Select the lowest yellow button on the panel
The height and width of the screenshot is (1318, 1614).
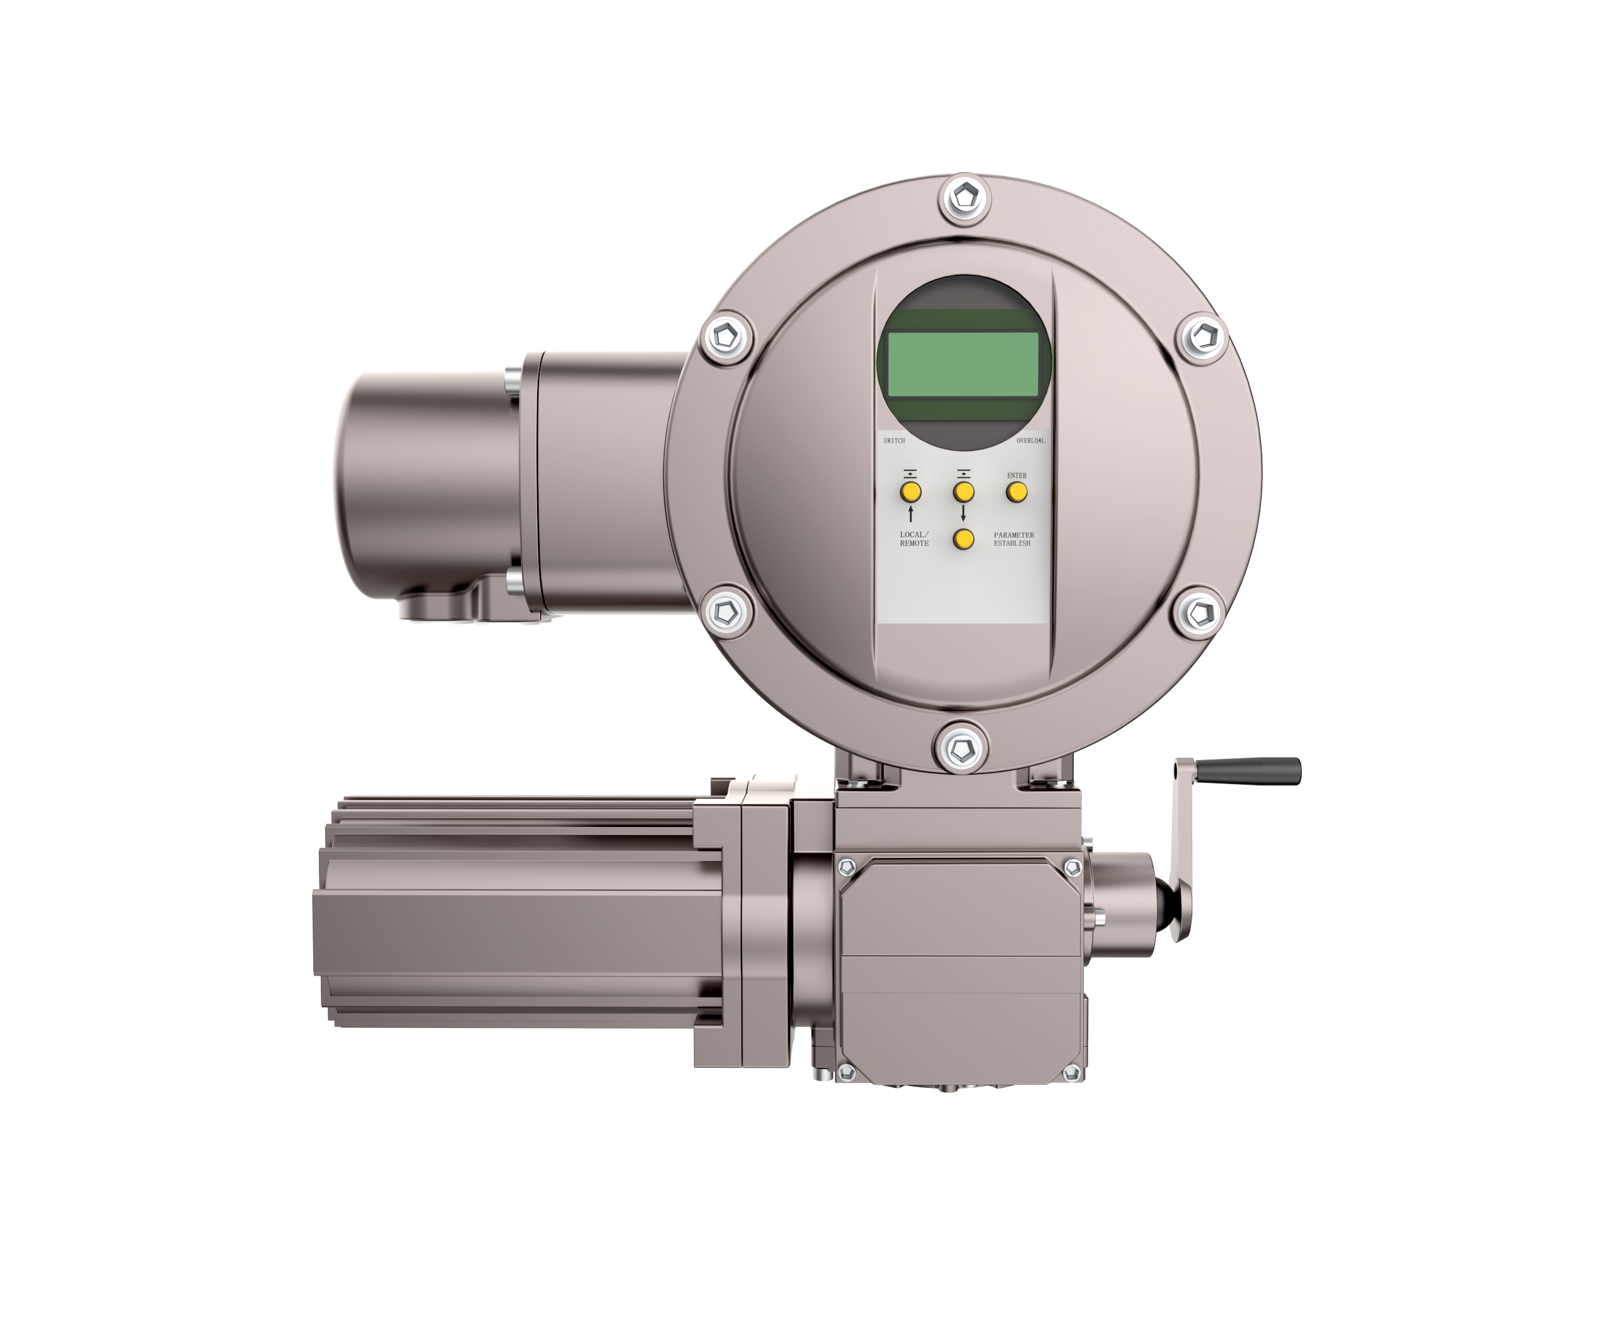(x=963, y=539)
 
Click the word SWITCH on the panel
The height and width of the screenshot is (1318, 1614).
(x=894, y=441)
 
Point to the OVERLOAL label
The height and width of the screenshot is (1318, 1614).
(x=1031, y=441)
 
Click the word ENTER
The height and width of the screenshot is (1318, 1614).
(x=1016, y=476)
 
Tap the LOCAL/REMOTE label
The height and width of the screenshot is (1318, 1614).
(x=914, y=538)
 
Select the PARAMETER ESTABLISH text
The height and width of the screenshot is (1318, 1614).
(x=1013, y=538)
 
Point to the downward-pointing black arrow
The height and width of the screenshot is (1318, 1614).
(x=963, y=514)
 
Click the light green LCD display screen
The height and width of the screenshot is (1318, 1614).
(x=963, y=364)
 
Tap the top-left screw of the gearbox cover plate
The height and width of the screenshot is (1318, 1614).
(x=847, y=867)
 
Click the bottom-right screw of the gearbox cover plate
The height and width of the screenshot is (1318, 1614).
(x=1071, y=1073)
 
